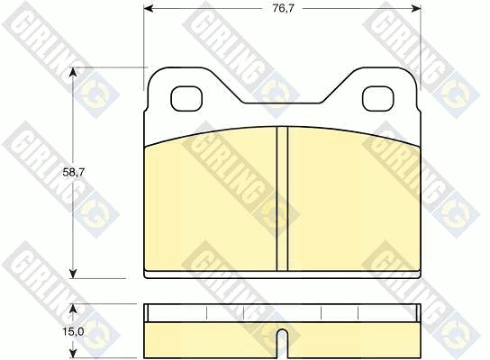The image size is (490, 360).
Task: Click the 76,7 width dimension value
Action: [283, 8]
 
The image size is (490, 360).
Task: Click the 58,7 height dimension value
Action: [74, 173]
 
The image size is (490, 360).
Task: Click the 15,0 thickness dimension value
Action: [74, 332]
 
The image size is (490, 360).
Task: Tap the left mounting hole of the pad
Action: [186, 99]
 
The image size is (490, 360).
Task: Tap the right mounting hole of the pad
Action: [377, 99]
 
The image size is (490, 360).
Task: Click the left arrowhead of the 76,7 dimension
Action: [148, 8]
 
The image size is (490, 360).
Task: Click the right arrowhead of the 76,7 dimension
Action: [416, 8]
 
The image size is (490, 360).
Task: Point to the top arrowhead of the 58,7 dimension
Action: [73, 72]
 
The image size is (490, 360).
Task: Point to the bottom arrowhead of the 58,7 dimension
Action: [73, 274]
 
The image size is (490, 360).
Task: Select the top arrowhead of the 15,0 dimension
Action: [73, 309]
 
